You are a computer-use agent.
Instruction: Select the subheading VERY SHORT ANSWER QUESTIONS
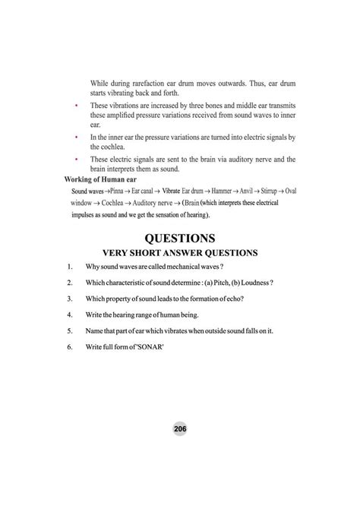pos(181,252)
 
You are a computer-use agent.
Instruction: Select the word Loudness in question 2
pos(254,283)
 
